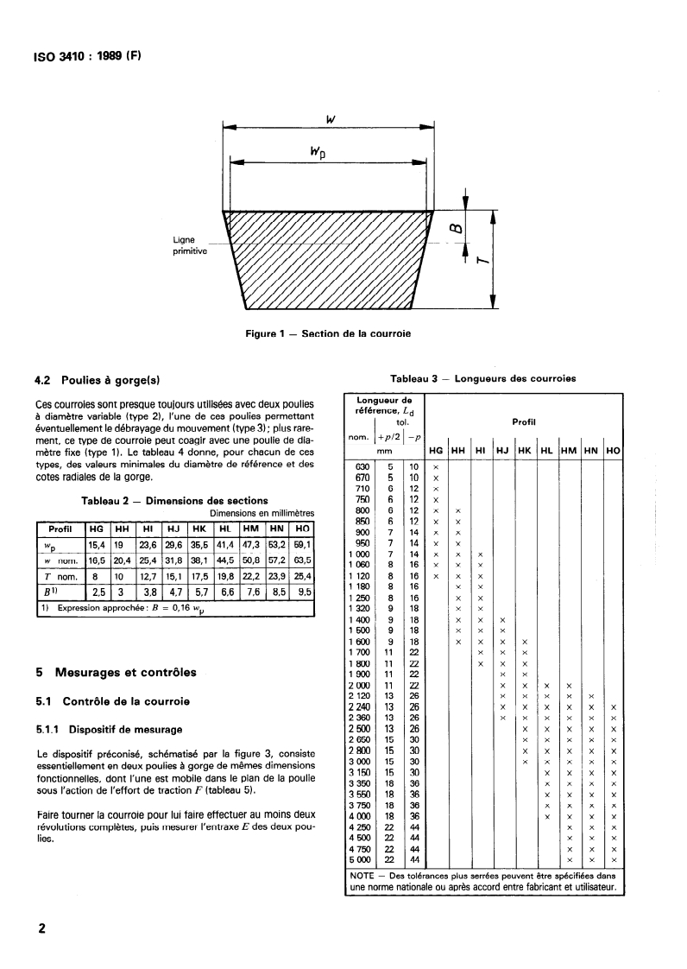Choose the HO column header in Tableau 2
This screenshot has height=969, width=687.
point(302,528)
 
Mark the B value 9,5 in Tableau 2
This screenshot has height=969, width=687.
point(302,592)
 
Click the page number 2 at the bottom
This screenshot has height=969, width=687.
point(41,929)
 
